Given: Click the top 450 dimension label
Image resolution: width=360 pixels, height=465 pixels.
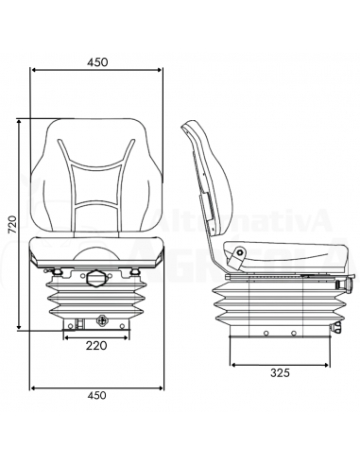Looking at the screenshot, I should (95, 61).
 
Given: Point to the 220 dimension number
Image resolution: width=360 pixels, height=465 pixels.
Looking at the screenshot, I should (95, 346).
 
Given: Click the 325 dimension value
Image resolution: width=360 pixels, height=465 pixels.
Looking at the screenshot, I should (279, 373).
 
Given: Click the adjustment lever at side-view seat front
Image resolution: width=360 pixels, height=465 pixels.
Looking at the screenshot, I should (345, 282).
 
